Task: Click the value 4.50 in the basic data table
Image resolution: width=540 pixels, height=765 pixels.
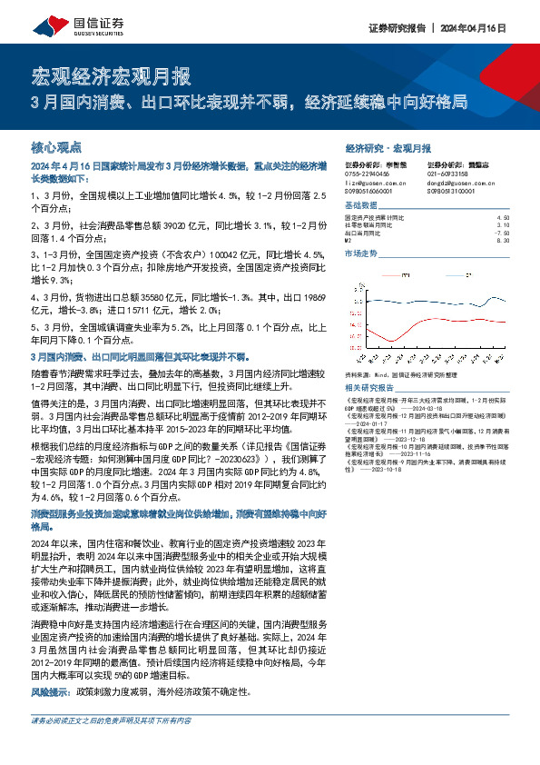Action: click(x=504, y=218)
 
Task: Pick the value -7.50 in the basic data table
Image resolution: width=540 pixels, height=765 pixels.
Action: click(x=503, y=233)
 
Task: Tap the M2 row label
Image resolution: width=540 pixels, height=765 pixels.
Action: click(x=349, y=240)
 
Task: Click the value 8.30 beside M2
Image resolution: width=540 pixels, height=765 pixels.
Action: click(x=504, y=240)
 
